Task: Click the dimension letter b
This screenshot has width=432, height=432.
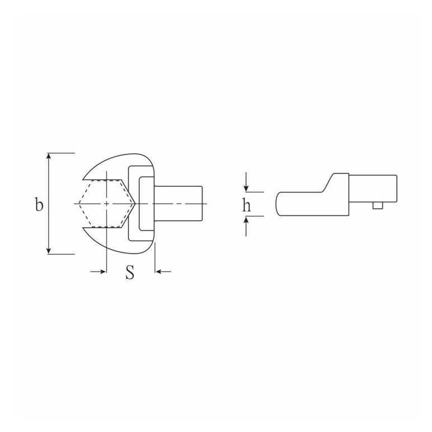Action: point(39,204)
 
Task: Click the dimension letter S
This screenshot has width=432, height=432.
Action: point(130,272)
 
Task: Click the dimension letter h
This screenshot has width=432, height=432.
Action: point(247,205)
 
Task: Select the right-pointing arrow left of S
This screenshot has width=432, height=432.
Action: point(98,271)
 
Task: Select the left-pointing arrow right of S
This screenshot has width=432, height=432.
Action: point(163,271)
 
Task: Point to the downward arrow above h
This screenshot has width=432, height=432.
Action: point(246,182)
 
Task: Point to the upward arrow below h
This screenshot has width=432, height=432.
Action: point(246,226)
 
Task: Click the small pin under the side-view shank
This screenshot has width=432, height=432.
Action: point(378,205)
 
